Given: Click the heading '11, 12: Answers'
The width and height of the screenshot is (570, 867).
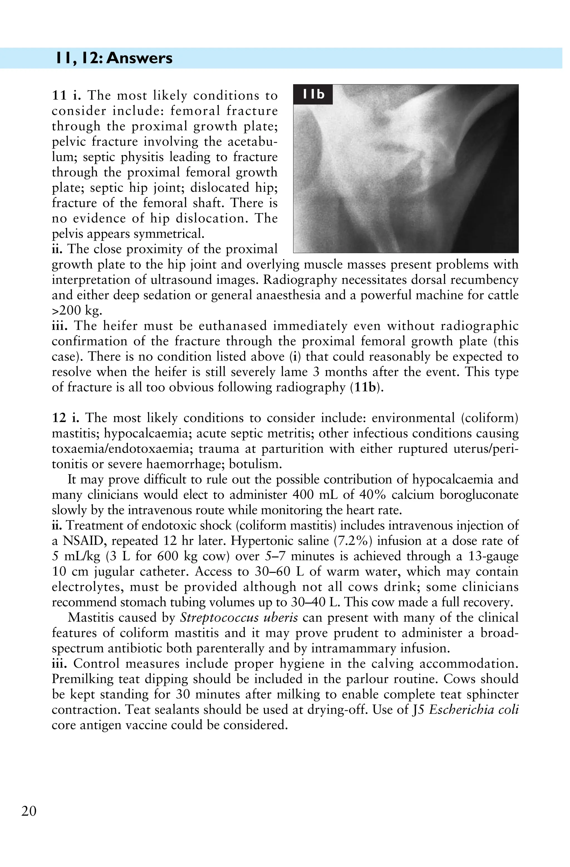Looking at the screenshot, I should pyautogui.click(x=114, y=58).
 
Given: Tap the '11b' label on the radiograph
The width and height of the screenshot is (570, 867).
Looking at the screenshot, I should pyautogui.click(x=313, y=94).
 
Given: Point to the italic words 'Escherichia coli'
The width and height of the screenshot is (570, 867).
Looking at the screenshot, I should pyautogui.click(x=474, y=710).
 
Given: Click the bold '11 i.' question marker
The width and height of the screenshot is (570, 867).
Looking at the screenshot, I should pyautogui.click(x=66, y=95).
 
